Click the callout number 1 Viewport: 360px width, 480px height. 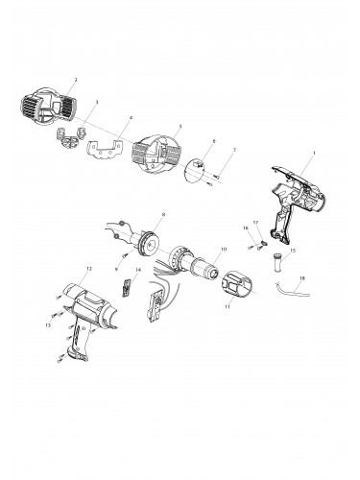click(313, 154)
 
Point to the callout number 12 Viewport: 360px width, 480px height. click(88, 270)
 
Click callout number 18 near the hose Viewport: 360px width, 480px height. click(302, 278)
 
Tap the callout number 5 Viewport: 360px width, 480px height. click(180, 125)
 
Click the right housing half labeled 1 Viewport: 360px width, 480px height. click(299, 197)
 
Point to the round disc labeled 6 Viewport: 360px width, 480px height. click(196, 167)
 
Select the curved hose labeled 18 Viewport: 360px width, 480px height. click(286, 287)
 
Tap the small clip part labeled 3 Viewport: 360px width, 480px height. click(71, 137)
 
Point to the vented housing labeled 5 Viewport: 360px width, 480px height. click(155, 152)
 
